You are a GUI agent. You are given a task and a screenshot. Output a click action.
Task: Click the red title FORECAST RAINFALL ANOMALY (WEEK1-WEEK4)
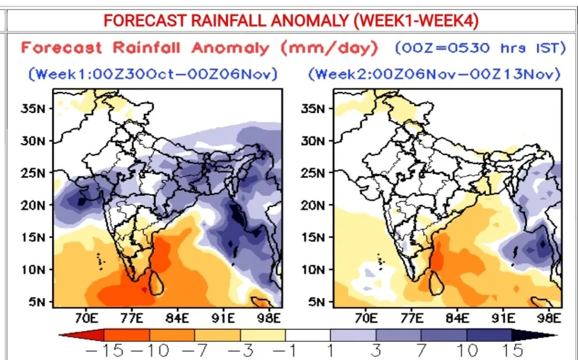point(291,21)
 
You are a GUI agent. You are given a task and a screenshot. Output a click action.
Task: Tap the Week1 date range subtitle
point(152,74)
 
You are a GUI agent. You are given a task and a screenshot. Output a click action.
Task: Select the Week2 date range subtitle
point(434,74)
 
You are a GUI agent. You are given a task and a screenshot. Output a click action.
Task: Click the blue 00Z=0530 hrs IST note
point(479,49)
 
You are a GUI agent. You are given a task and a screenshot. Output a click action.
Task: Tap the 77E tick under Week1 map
point(132,318)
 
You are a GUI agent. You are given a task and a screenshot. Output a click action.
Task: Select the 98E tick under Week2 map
point(549,318)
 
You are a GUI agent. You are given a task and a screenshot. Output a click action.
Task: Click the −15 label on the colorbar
point(104,350)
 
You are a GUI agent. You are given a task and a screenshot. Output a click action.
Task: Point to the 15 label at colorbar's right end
point(512,350)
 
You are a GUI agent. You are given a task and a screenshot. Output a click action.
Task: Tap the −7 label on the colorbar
point(195,350)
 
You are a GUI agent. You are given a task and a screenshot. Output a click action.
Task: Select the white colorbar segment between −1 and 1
point(308,336)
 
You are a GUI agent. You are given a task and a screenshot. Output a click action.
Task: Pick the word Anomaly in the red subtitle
point(231,49)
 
